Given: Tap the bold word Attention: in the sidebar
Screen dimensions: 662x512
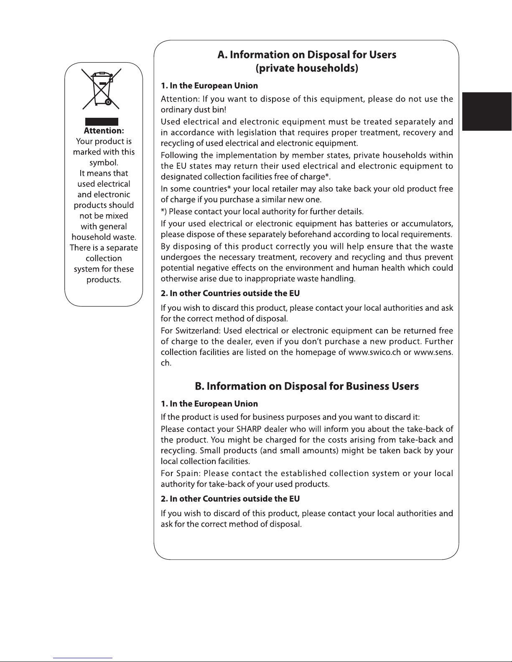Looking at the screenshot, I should [104, 131].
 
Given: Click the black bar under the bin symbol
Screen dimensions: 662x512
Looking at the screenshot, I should [102, 122].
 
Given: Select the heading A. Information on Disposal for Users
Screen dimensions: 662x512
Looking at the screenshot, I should [307, 55].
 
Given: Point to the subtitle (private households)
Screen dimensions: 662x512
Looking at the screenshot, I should [307, 68].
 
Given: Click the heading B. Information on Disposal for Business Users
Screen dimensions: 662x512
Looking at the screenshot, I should [307, 386].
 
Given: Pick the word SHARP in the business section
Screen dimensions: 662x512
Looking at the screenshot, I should [249, 429].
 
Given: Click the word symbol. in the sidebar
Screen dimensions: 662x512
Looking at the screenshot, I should [104, 162].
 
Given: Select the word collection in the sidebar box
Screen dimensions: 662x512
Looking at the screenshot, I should [104, 259].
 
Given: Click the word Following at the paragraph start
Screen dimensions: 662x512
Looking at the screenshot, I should [179, 155].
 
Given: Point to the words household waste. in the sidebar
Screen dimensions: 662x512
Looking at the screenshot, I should [104, 237].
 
